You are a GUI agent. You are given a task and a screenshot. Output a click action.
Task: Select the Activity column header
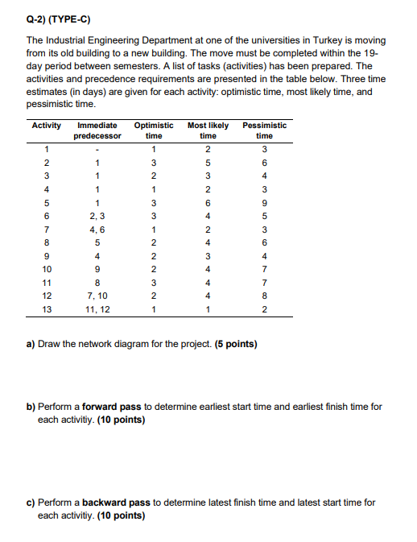tap(47, 126)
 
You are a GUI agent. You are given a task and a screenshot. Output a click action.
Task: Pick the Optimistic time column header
tap(153, 130)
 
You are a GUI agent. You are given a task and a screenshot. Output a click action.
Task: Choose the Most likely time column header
tap(208, 130)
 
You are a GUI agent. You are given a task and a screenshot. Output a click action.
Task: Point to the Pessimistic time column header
tap(264, 130)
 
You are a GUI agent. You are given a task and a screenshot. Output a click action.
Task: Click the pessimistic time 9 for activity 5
tap(264, 201)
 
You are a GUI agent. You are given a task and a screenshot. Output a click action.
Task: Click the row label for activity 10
tap(47, 270)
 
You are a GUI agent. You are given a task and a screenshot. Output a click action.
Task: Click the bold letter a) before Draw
tap(31, 345)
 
